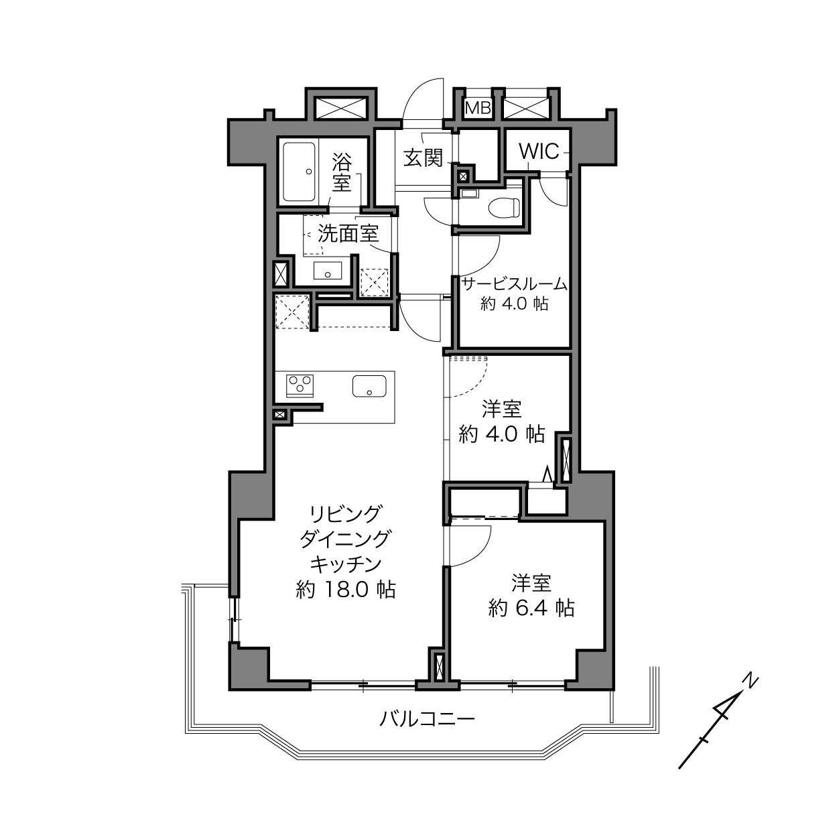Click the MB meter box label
[x=478, y=107]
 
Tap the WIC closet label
[x=539, y=151]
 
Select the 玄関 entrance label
[x=423, y=157]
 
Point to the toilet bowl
[x=505, y=207]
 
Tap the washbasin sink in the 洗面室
[x=328, y=270]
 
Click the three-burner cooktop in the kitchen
[x=300, y=386]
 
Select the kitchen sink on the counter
[x=369, y=386]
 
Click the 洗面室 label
[x=348, y=234]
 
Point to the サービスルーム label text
[x=515, y=284]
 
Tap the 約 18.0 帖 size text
[x=346, y=590]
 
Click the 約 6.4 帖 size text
[x=531, y=608]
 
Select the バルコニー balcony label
[x=427, y=718]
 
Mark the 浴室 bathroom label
[x=342, y=172]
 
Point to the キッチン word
[x=346, y=565]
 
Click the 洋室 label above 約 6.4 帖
[x=531, y=584]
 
